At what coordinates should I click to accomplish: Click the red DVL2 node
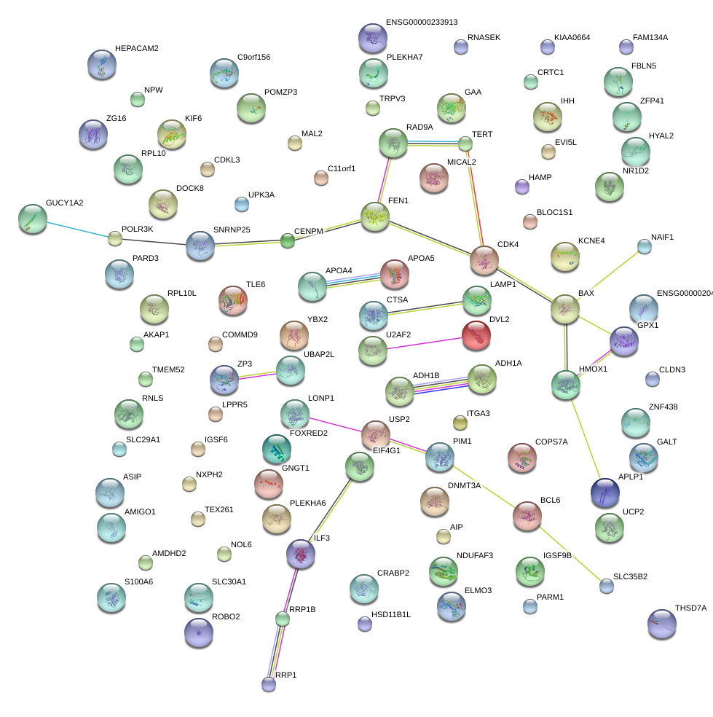(476, 335)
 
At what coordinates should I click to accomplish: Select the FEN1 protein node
(375, 217)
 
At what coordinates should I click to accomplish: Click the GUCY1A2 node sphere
(32, 219)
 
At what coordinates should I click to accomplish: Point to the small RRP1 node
(269, 683)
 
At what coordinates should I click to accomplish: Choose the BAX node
(565, 310)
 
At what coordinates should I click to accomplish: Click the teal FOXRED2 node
(276, 450)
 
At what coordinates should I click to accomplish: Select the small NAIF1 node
(645, 246)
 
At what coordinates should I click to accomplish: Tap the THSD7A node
(661, 624)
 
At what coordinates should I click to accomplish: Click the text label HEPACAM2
(136, 48)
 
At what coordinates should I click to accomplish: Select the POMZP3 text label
(280, 92)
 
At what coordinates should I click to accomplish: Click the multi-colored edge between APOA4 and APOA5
(353, 280)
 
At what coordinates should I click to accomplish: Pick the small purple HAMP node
(521, 187)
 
